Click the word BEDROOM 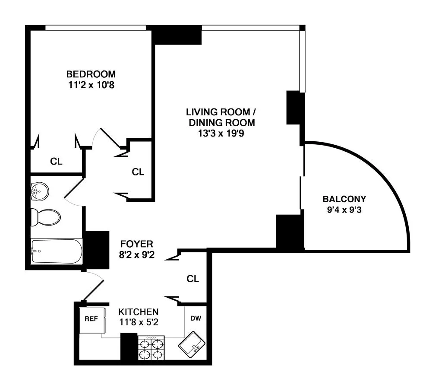pos(91,73)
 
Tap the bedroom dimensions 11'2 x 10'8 pos(91,85)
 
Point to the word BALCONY pos(344,199)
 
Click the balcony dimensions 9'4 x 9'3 pos(344,211)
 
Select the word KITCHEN pos(139,312)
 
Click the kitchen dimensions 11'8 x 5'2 pos(139,322)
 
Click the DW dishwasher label pos(196,319)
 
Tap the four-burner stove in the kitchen pos(151,348)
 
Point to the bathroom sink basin pos(40,190)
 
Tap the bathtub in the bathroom pos(56,251)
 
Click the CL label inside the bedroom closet pos(56,162)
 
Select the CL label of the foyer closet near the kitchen pos(193,279)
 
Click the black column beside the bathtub pos(96,250)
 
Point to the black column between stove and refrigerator pos(129,347)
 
